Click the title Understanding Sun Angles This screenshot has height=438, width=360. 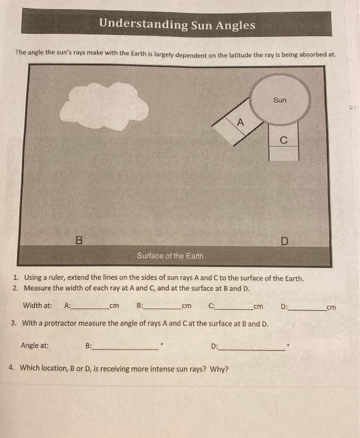[177, 25]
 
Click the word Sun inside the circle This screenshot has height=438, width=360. [280, 100]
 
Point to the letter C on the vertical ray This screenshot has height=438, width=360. [284, 140]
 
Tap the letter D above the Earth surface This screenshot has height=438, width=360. [284, 240]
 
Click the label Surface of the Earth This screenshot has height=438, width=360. [170, 256]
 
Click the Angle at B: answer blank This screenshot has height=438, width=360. [125, 348]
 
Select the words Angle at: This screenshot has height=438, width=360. [35, 345]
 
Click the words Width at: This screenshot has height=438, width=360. [38, 305]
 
